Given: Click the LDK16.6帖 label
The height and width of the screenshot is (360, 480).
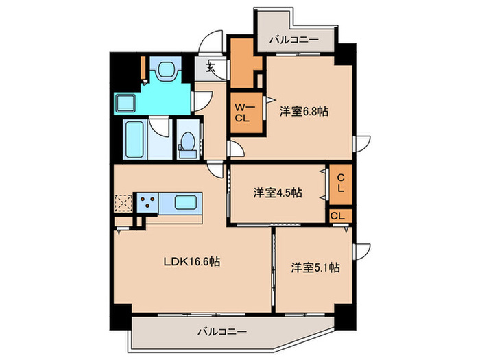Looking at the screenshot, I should (x=191, y=261).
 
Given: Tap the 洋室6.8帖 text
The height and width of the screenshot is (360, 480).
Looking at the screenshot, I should (x=303, y=110).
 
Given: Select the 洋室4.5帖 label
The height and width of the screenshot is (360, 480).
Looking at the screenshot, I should (x=277, y=193).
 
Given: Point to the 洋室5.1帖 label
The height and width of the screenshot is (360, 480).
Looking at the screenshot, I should (x=314, y=267).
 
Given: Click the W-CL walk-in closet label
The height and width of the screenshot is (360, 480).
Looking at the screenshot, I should (x=244, y=112).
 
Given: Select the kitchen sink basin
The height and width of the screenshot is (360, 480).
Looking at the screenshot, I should (x=187, y=202).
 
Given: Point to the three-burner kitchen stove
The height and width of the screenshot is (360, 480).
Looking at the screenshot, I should (x=147, y=202).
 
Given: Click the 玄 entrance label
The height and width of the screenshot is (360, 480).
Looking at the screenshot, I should (x=211, y=68).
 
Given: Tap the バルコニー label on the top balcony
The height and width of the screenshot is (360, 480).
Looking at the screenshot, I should (x=293, y=40).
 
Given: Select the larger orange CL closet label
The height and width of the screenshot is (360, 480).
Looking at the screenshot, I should (x=340, y=184).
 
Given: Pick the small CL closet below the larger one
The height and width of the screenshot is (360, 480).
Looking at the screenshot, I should (x=337, y=215).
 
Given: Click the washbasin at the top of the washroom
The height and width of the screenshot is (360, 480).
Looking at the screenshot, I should (x=165, y=70).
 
